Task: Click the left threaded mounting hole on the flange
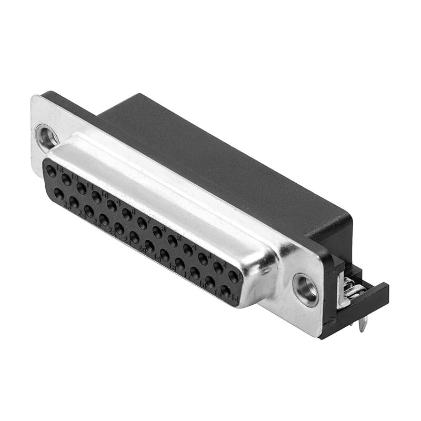[47, 137]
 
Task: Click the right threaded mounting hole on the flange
[306, 289]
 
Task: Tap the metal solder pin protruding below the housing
[363, 326]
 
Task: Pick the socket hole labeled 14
[226, 290]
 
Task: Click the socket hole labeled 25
[59, 193]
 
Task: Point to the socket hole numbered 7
[142, 223]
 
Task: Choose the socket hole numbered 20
[134, 237]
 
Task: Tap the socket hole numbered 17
[180, 264]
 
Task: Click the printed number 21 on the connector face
[127, 241]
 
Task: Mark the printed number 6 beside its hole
[163, 228]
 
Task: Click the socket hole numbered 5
[173, 241]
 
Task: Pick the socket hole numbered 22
[104, 219]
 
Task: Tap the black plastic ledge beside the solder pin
[376, 300]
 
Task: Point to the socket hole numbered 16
[195, 273]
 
